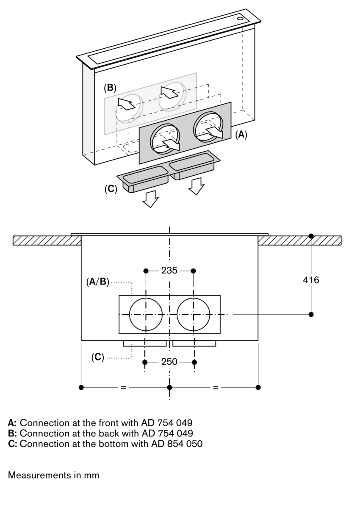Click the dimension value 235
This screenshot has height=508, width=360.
(169, 271)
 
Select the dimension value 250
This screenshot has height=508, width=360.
(169, 362)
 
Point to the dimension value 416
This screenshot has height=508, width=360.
(311, 280)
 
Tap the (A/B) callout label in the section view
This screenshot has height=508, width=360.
(98, 282)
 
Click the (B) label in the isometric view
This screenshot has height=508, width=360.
(110, 88)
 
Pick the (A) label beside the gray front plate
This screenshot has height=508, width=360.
(241, 135)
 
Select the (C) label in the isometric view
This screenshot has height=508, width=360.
(111, 189)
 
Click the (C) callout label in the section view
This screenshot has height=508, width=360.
(98, 357)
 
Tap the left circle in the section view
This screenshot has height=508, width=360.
(146, 315)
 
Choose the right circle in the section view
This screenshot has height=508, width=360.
(194, 315)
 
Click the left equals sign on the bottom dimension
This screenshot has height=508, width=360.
(123, 387)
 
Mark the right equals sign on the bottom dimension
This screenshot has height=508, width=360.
(216, 387)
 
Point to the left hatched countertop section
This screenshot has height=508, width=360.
(47, 240)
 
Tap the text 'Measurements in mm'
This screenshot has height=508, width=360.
(53, 475)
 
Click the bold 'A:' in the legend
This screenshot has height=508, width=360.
(12, 422)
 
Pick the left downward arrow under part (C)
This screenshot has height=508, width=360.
(151, 199)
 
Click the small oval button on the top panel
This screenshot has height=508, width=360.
(241, 18)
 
